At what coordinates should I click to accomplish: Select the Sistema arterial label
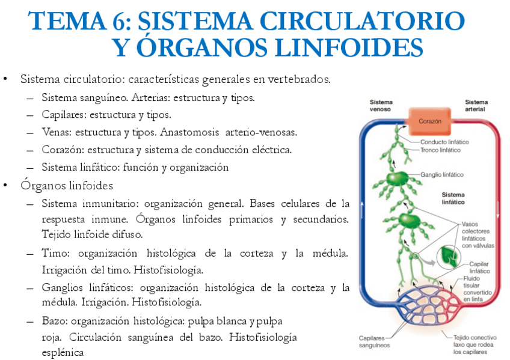point(476,106)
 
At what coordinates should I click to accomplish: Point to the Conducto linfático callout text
point(444,142)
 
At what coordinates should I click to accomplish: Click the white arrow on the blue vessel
point(362,211)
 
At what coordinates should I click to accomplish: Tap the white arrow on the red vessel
point(499,211)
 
